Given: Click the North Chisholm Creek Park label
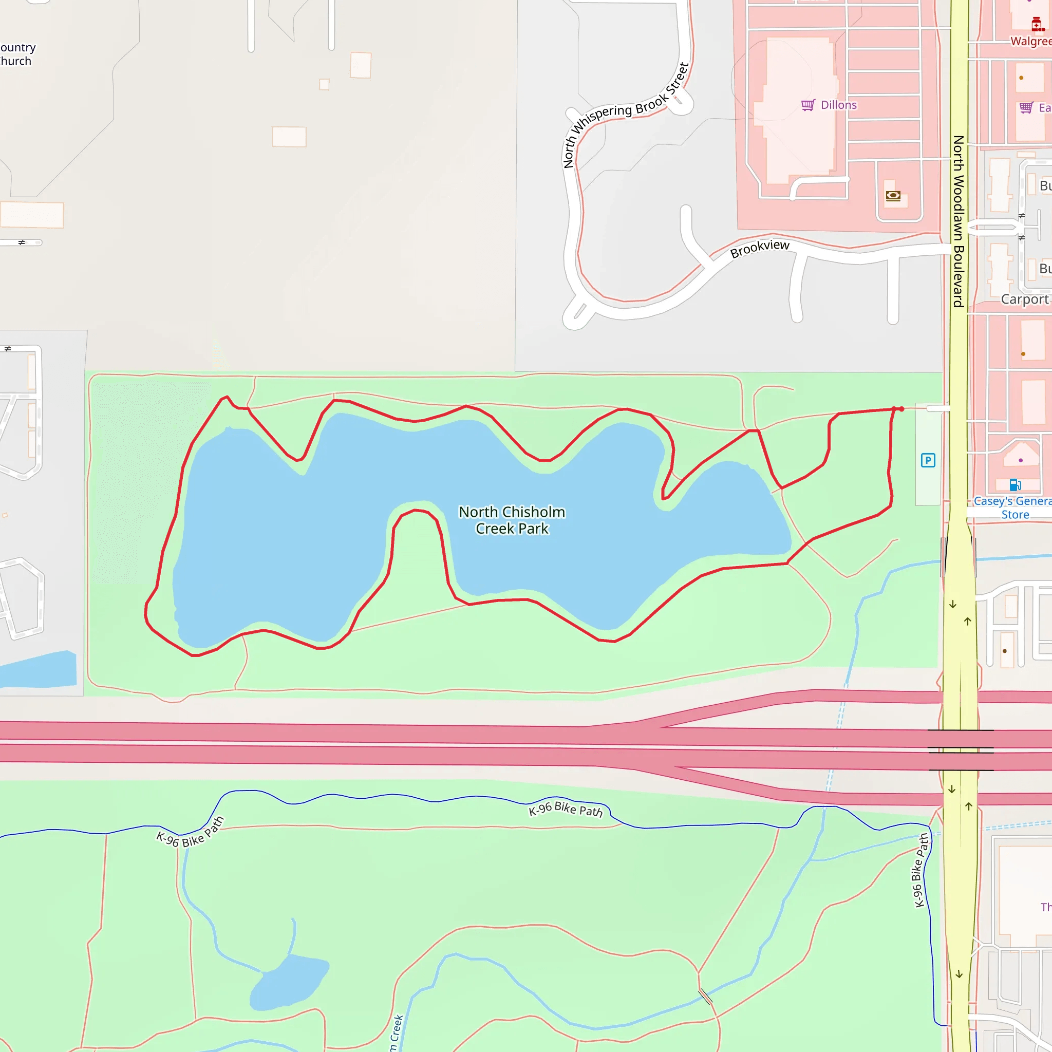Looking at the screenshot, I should [512, 520].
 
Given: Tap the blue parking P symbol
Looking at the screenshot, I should [928, 461].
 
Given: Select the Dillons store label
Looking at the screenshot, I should [838, 105].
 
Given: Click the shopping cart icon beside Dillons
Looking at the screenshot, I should [808, 105].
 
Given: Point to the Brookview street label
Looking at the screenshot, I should [760, 248].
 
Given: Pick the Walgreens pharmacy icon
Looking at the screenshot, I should [1036, 24].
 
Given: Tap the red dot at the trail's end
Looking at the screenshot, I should [901, 409].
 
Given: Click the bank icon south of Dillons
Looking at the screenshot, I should [893, 196].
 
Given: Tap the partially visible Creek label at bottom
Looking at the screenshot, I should [397, 1032].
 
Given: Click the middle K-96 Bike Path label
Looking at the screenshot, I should [566, 810].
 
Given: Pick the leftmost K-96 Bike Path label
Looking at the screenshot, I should [190, 832].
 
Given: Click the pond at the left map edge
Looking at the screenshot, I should [38, 671].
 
